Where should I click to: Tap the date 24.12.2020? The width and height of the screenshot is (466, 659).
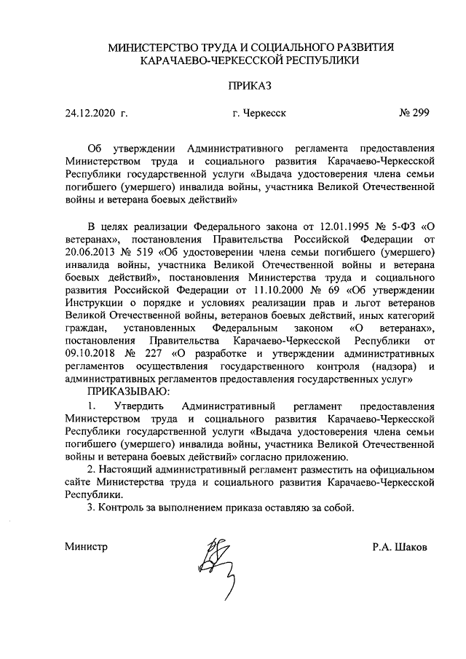(90, 113)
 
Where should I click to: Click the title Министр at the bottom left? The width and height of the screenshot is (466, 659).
(85, 547)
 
